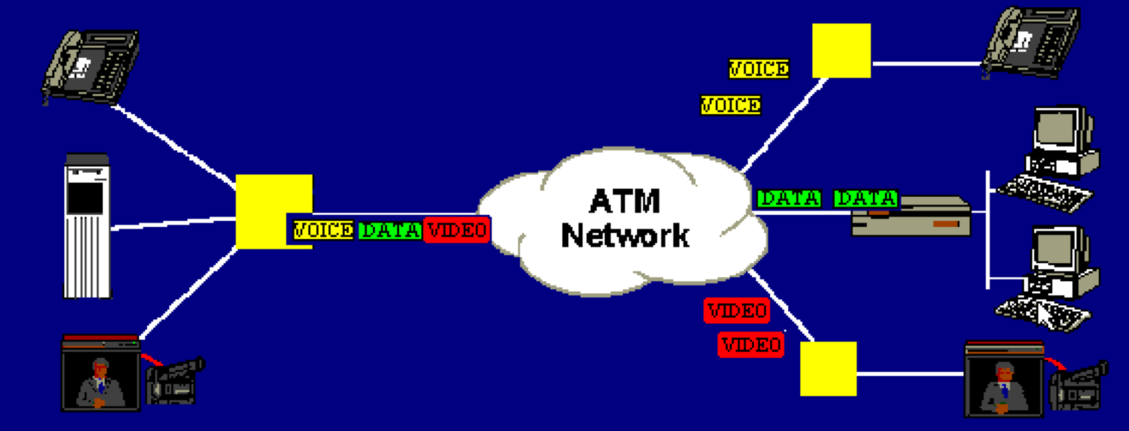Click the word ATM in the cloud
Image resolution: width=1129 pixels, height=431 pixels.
point(625,201)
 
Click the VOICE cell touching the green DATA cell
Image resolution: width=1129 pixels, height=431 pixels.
point(323,230)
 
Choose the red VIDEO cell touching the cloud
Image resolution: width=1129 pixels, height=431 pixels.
point(457,230)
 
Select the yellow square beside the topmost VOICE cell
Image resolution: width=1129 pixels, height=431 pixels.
point(841,51)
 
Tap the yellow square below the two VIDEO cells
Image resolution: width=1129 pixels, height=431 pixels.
point(828,369)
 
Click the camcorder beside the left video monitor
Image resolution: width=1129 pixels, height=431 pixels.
point(174,380)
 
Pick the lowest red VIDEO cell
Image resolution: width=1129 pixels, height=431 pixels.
point(751,345)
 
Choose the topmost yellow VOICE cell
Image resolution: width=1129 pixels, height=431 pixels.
point(759,69)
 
